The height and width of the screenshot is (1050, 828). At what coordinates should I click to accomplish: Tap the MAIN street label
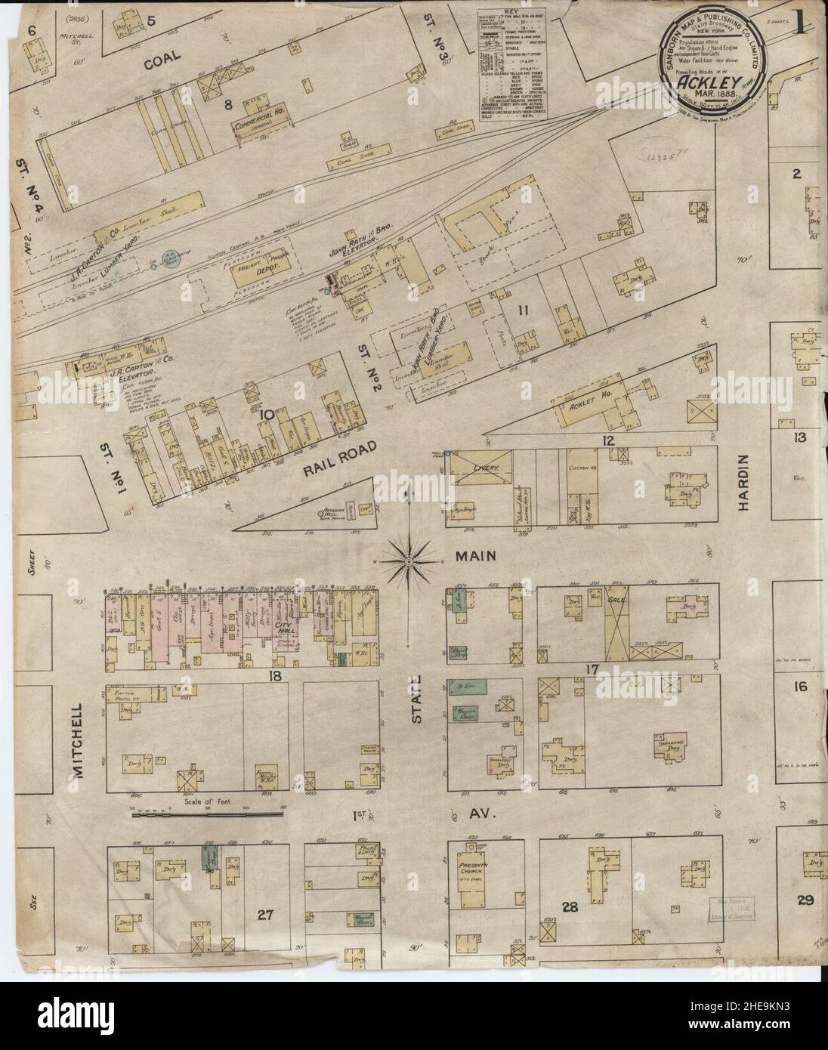pyautogui.click(x=475, y=556)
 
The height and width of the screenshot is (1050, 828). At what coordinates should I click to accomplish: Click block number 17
pyautogui.click(x=592, y=669)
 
